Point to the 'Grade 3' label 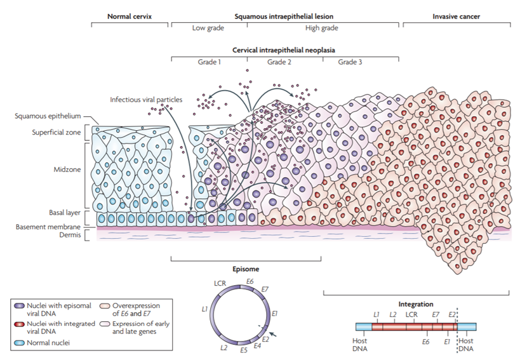[350, 62]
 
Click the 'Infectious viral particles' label [145, 100]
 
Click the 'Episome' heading [246, 269]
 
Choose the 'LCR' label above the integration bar [412, 315]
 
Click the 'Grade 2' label [279, 62]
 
